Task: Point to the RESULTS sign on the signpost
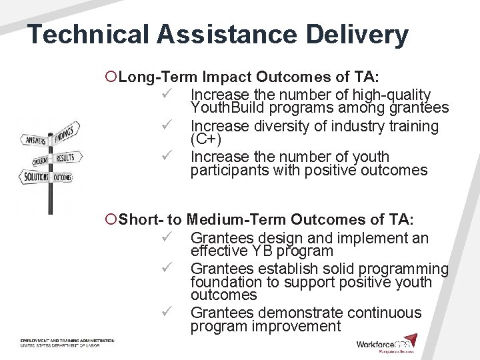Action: coord(66,158)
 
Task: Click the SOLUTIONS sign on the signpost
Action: coord(35,177)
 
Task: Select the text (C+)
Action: coord(205,140)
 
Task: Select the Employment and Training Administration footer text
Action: coord(67,341)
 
